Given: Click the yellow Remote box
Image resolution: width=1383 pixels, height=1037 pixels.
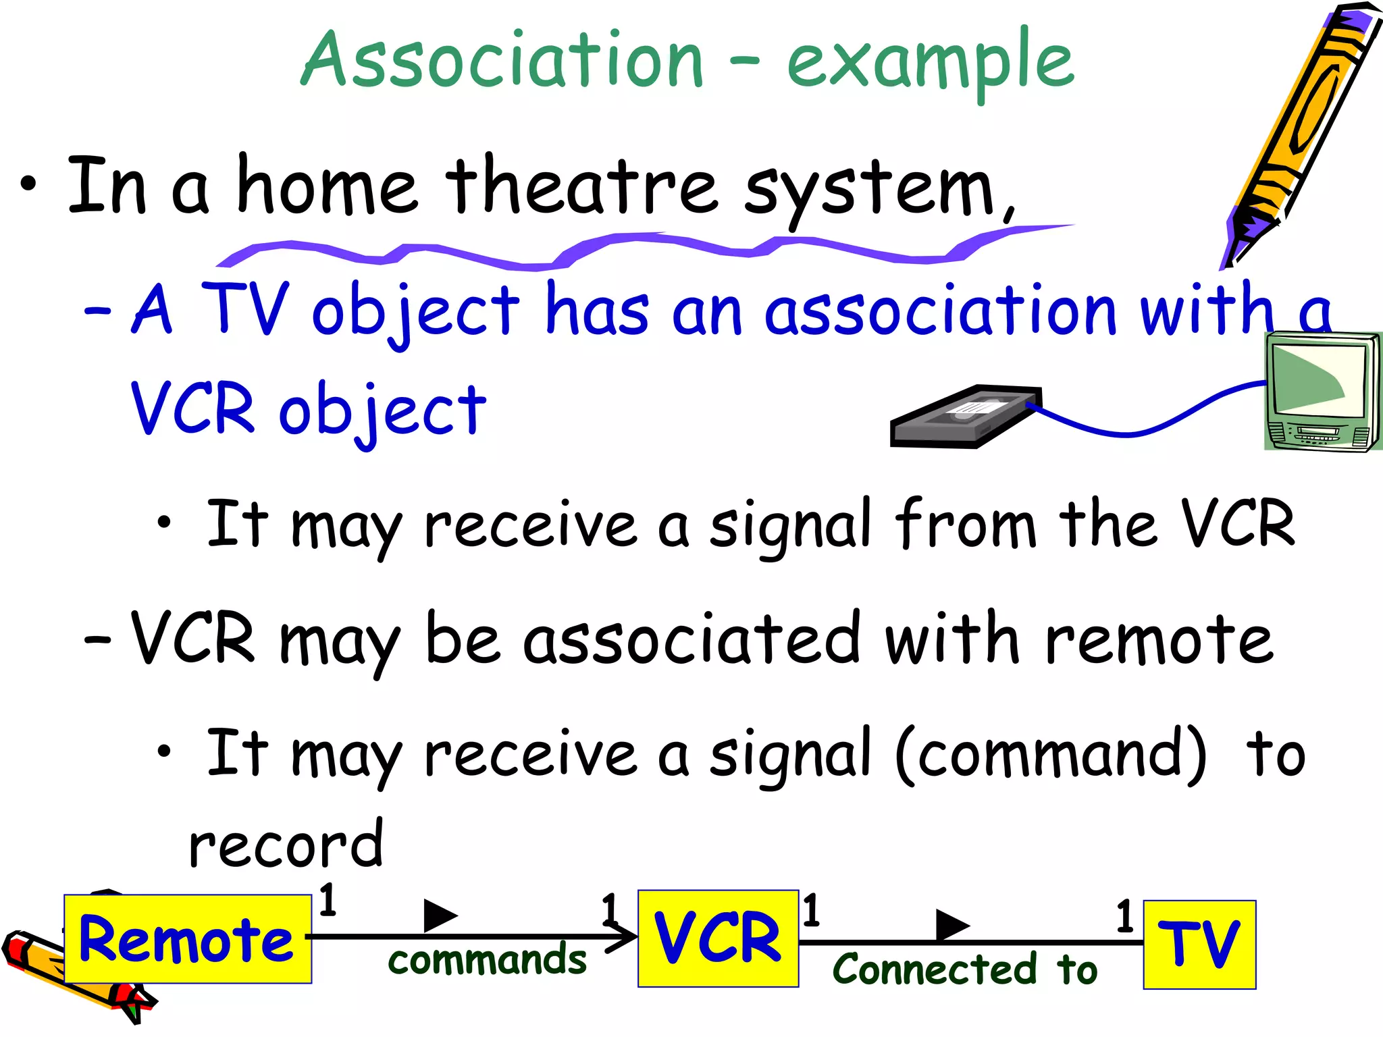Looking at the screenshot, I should [x=188, y=939].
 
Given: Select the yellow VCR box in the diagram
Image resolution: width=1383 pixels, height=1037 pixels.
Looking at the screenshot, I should [x=718, y=938].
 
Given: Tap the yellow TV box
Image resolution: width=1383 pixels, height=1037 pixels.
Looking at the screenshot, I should [x=1199, y=945].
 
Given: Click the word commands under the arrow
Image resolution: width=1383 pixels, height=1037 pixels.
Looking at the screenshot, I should [x=487, y=961].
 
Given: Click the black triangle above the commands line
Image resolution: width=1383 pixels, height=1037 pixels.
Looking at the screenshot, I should [x=439, y=915].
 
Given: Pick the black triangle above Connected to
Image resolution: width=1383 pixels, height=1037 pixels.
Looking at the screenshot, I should [x=951, y=924].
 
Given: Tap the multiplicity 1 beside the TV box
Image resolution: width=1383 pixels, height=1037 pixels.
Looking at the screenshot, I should [x=1124, y=917].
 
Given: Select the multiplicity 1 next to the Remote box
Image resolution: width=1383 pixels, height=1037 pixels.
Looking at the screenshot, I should [x=328, y=901].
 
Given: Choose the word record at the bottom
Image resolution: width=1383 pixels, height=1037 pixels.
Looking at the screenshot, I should [x=286, y=845].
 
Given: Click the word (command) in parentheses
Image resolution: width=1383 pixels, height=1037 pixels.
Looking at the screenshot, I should [x=1051, y=753].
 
